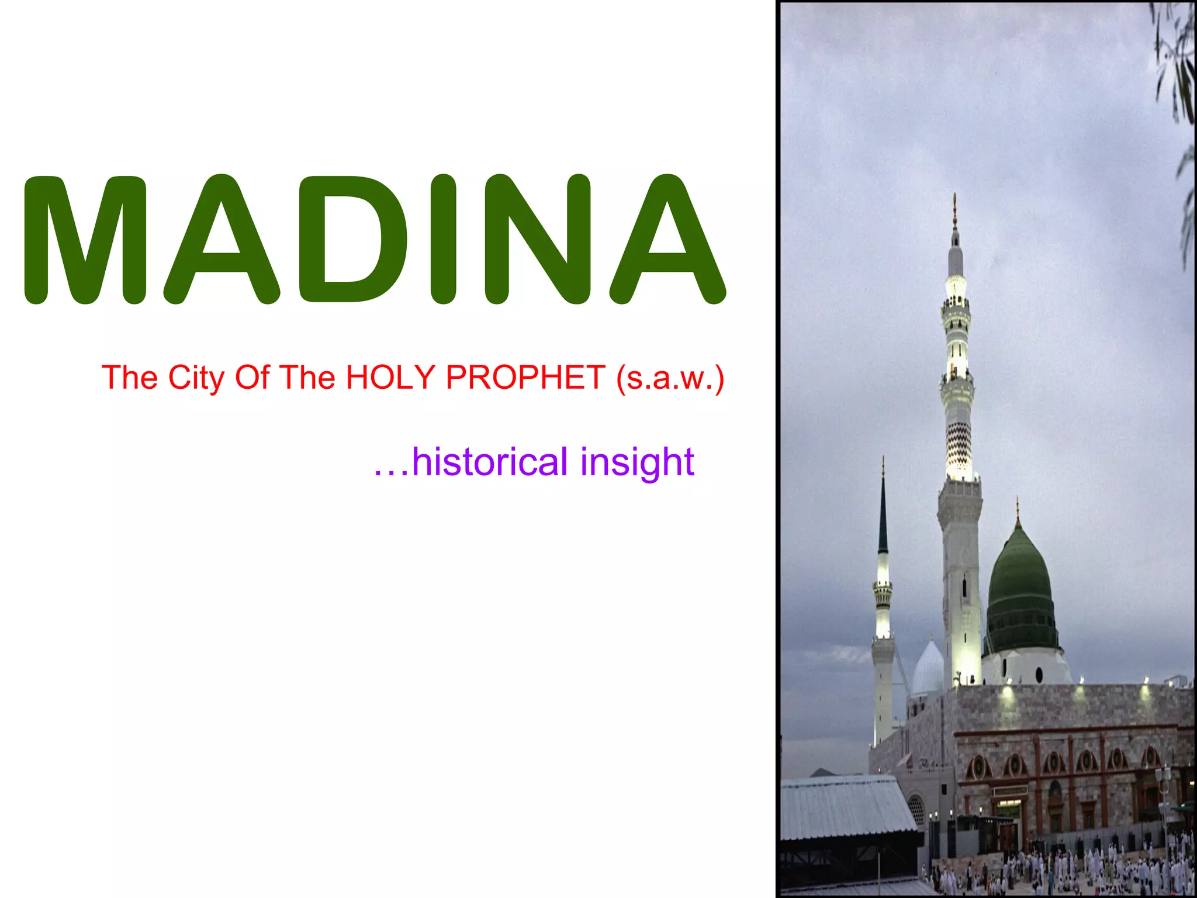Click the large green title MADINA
point(374,240)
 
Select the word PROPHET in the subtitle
point(525,377)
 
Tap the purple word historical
point(490,462)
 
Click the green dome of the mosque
point(1021,590)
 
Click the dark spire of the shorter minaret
point(883,514)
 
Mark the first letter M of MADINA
point(85,240)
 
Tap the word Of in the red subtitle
point(252,377)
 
